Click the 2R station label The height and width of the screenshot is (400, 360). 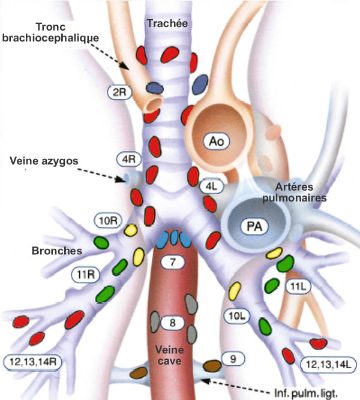119,92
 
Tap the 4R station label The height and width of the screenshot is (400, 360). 129,160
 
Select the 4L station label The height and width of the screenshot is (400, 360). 211,187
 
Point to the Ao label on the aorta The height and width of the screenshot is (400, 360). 217,141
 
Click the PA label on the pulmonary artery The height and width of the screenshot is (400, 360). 254,226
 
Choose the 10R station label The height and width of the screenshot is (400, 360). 108,221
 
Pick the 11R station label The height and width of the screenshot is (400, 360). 86,275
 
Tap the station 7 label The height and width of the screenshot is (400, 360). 173,261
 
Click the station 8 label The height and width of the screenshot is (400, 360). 173,323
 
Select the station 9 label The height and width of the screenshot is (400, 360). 233,359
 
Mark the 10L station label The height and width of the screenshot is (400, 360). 236,316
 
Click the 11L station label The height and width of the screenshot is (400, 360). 298,287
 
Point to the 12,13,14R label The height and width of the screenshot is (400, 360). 32,362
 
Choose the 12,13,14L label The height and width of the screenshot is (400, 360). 328,364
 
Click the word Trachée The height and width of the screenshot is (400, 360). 167,23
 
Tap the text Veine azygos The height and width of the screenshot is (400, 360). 44,161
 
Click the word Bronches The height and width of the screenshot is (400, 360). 57,251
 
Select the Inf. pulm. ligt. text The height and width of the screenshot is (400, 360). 306,393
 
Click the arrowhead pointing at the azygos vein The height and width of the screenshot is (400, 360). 119,179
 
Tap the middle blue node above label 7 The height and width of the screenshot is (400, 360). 175,237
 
